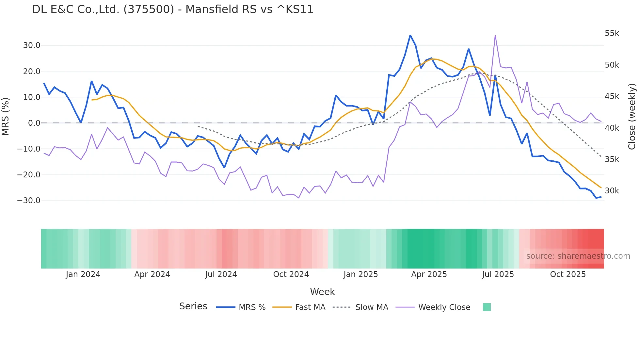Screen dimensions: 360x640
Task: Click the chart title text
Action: click(x=173, y=9)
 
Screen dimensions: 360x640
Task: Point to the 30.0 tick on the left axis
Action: click(x=31, y=45)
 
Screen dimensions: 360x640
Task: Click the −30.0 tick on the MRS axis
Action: click(x=29, y=201)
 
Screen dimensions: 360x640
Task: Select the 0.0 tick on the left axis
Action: click(x=34, y=123)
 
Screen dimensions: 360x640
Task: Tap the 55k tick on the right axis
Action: click(x=612, y=33)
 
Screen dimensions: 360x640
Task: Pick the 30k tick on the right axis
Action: click(x=612, y=191)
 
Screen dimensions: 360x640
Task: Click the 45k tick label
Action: click(x=612, y=96)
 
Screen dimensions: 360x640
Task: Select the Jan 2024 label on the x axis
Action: click(x=83, y=274)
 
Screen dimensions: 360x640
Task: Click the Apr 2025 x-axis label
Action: click(x=429, y=274)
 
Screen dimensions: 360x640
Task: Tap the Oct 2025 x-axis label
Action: click(x=568, y=274)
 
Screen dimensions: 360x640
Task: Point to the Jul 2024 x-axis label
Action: click(x=221, y=274)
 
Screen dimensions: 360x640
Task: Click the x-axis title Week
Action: click(x=322, y=292)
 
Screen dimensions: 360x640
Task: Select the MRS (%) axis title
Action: click(x=6, y=117)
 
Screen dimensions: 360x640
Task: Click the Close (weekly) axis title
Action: click(x=632, y=117)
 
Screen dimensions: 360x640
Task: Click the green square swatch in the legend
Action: click(x=487, y=307)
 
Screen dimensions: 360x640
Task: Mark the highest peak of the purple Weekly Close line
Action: click(x=495, y=36)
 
